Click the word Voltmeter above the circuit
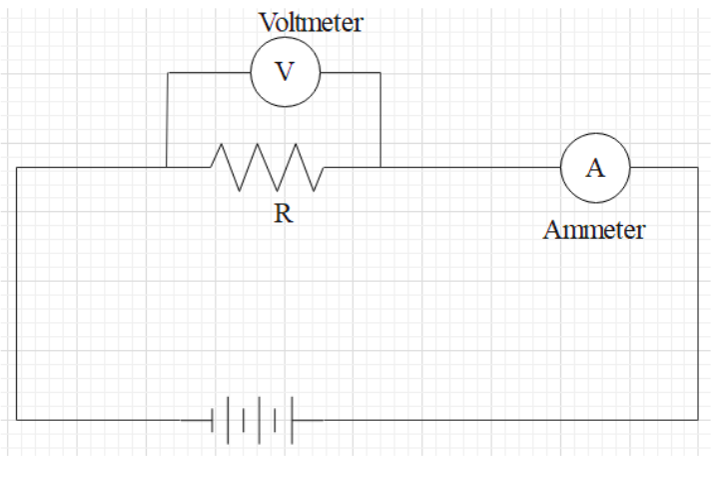point(311,21)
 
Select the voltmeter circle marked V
point(285,73)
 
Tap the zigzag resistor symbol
point(267,167)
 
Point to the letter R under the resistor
point(284,214)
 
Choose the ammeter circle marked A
point(594,167)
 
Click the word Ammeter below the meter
point(594,230)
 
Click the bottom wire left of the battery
point(100,420)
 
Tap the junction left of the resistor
point(167,167)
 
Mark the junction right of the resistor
point(380,167)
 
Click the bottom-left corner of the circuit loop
point(17,420)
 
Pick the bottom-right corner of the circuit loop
point(697,420)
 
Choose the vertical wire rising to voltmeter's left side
point(167,120)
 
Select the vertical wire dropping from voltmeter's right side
point(380,120)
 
